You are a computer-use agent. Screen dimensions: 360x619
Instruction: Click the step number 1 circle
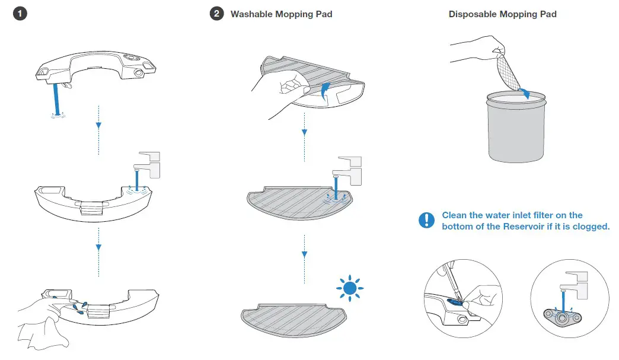coord(20,14)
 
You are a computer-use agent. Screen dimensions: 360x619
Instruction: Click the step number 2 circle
coord(217,14)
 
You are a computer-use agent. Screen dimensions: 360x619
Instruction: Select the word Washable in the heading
coord(250,14)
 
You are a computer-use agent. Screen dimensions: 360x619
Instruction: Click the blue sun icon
coord(350,288)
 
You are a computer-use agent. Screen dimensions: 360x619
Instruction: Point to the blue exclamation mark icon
coord(426,221)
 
